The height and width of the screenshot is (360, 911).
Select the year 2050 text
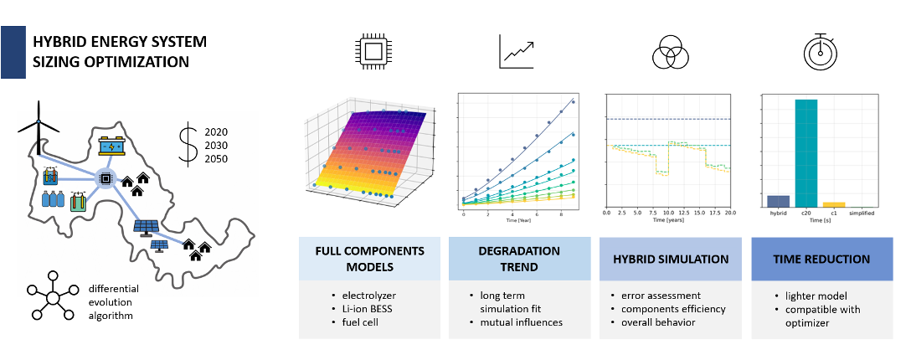(x=216, y=159)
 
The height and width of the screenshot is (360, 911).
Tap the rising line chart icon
(x=517, y=52)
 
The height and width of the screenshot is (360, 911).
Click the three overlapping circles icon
(x=669, y=54)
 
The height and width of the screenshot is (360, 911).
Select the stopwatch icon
(x=820, y=52)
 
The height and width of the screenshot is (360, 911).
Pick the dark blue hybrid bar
(x=779, y=201)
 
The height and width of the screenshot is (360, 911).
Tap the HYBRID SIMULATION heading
(x=670, y=259)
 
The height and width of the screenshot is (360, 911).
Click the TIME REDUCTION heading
(x=821, y=259)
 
